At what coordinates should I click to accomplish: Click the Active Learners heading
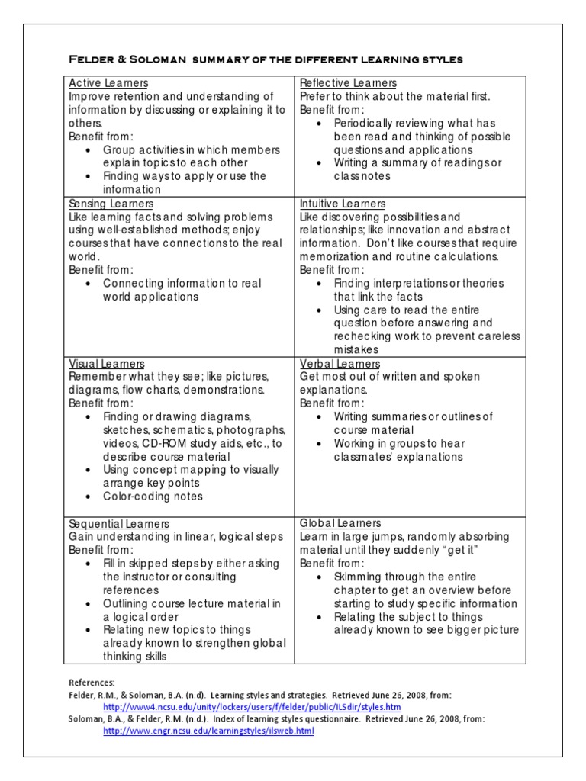[108, 83]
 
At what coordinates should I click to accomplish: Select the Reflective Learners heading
[348, 83]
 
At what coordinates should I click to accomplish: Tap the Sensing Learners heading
[111, 204]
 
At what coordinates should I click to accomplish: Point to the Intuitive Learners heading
[343, 204]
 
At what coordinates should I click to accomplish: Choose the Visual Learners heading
[106, 364]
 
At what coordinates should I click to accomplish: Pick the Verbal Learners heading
[340, 364]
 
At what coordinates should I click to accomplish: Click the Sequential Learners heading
[119, 524]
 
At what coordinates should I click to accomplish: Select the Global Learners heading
[340, 523]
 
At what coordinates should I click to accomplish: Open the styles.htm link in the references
[252, 707]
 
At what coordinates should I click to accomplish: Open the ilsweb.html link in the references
[208, 731]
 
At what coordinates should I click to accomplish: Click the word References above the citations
[92, 683]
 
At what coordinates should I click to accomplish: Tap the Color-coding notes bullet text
[153, 497]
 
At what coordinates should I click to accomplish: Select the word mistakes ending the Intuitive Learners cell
[356, 350]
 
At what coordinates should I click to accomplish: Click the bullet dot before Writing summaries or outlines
[319, 417]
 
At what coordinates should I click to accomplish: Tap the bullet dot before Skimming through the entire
[319, 577]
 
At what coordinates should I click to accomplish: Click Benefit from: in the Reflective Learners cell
[332, 110]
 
